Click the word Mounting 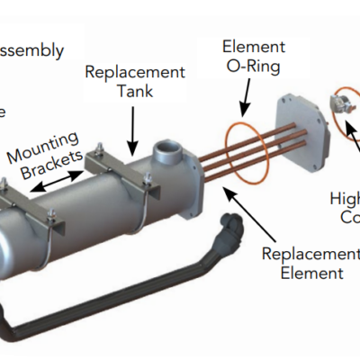45,148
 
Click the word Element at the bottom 306,272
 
